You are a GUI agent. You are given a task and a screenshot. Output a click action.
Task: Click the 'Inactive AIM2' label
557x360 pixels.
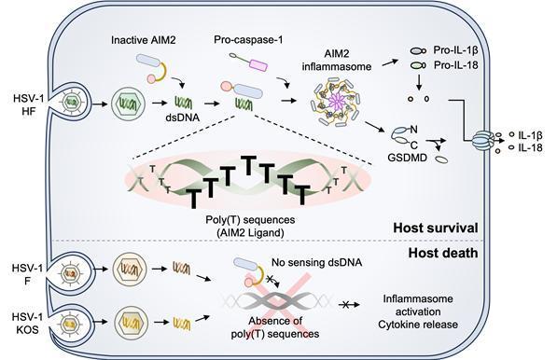143,40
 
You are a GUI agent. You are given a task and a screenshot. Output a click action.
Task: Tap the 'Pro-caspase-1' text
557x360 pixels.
248,40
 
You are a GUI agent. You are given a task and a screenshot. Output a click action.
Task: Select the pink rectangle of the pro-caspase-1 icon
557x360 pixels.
258,65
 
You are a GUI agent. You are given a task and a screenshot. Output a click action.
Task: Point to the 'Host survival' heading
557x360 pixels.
436,228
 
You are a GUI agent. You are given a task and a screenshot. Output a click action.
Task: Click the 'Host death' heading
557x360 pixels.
443,253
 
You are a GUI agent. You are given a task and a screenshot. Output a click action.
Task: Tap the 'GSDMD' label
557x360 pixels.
407,158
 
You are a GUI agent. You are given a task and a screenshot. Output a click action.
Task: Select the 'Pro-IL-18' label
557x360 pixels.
455,65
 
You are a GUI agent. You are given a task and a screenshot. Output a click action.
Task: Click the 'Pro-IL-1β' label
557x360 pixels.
455,50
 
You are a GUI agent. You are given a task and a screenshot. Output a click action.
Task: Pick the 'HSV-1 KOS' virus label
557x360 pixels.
27,323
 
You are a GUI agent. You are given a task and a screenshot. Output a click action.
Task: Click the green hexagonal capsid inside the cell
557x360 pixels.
128,104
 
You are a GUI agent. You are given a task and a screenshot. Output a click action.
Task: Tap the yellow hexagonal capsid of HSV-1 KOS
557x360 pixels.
131,323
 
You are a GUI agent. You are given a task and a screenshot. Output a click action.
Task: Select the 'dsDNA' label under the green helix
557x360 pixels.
183,118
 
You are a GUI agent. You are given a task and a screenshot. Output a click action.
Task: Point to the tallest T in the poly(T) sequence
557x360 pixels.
249,166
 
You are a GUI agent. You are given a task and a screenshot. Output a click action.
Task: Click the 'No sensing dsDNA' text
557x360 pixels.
317,262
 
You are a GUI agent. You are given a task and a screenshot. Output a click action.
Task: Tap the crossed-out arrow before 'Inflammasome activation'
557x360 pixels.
349,305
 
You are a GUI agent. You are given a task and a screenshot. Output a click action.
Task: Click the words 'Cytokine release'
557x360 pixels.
418,325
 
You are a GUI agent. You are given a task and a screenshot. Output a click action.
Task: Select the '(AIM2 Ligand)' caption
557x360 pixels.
250,233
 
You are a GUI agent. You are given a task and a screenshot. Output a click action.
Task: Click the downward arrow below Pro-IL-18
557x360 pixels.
419,82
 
